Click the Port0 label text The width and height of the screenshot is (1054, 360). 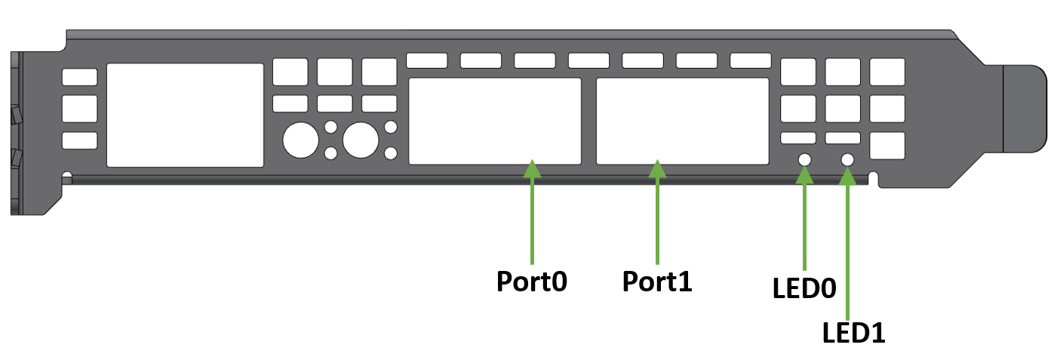tap(532, 282)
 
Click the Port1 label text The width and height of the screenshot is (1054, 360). tap(657, 282)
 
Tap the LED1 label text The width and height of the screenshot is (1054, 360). tap(852, 331)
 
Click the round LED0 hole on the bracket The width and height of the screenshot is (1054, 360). tap(805, 160)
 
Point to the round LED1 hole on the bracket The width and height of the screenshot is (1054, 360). tap(847, 160)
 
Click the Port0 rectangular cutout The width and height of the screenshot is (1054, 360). tap(494, 121)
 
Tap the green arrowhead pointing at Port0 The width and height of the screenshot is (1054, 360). tap(533, 169)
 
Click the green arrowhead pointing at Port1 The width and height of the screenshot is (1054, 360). tap(658, 169)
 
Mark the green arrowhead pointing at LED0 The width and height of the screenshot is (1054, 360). tap(805, 175)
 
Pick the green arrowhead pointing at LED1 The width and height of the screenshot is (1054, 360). tap(848, 176)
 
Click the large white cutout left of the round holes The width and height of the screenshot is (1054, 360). tap(185, 115)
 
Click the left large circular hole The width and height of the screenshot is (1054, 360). tap(300, 140)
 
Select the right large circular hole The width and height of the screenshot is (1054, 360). tap(360, 140)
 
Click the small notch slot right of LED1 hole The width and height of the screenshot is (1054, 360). tap(874, 178)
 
